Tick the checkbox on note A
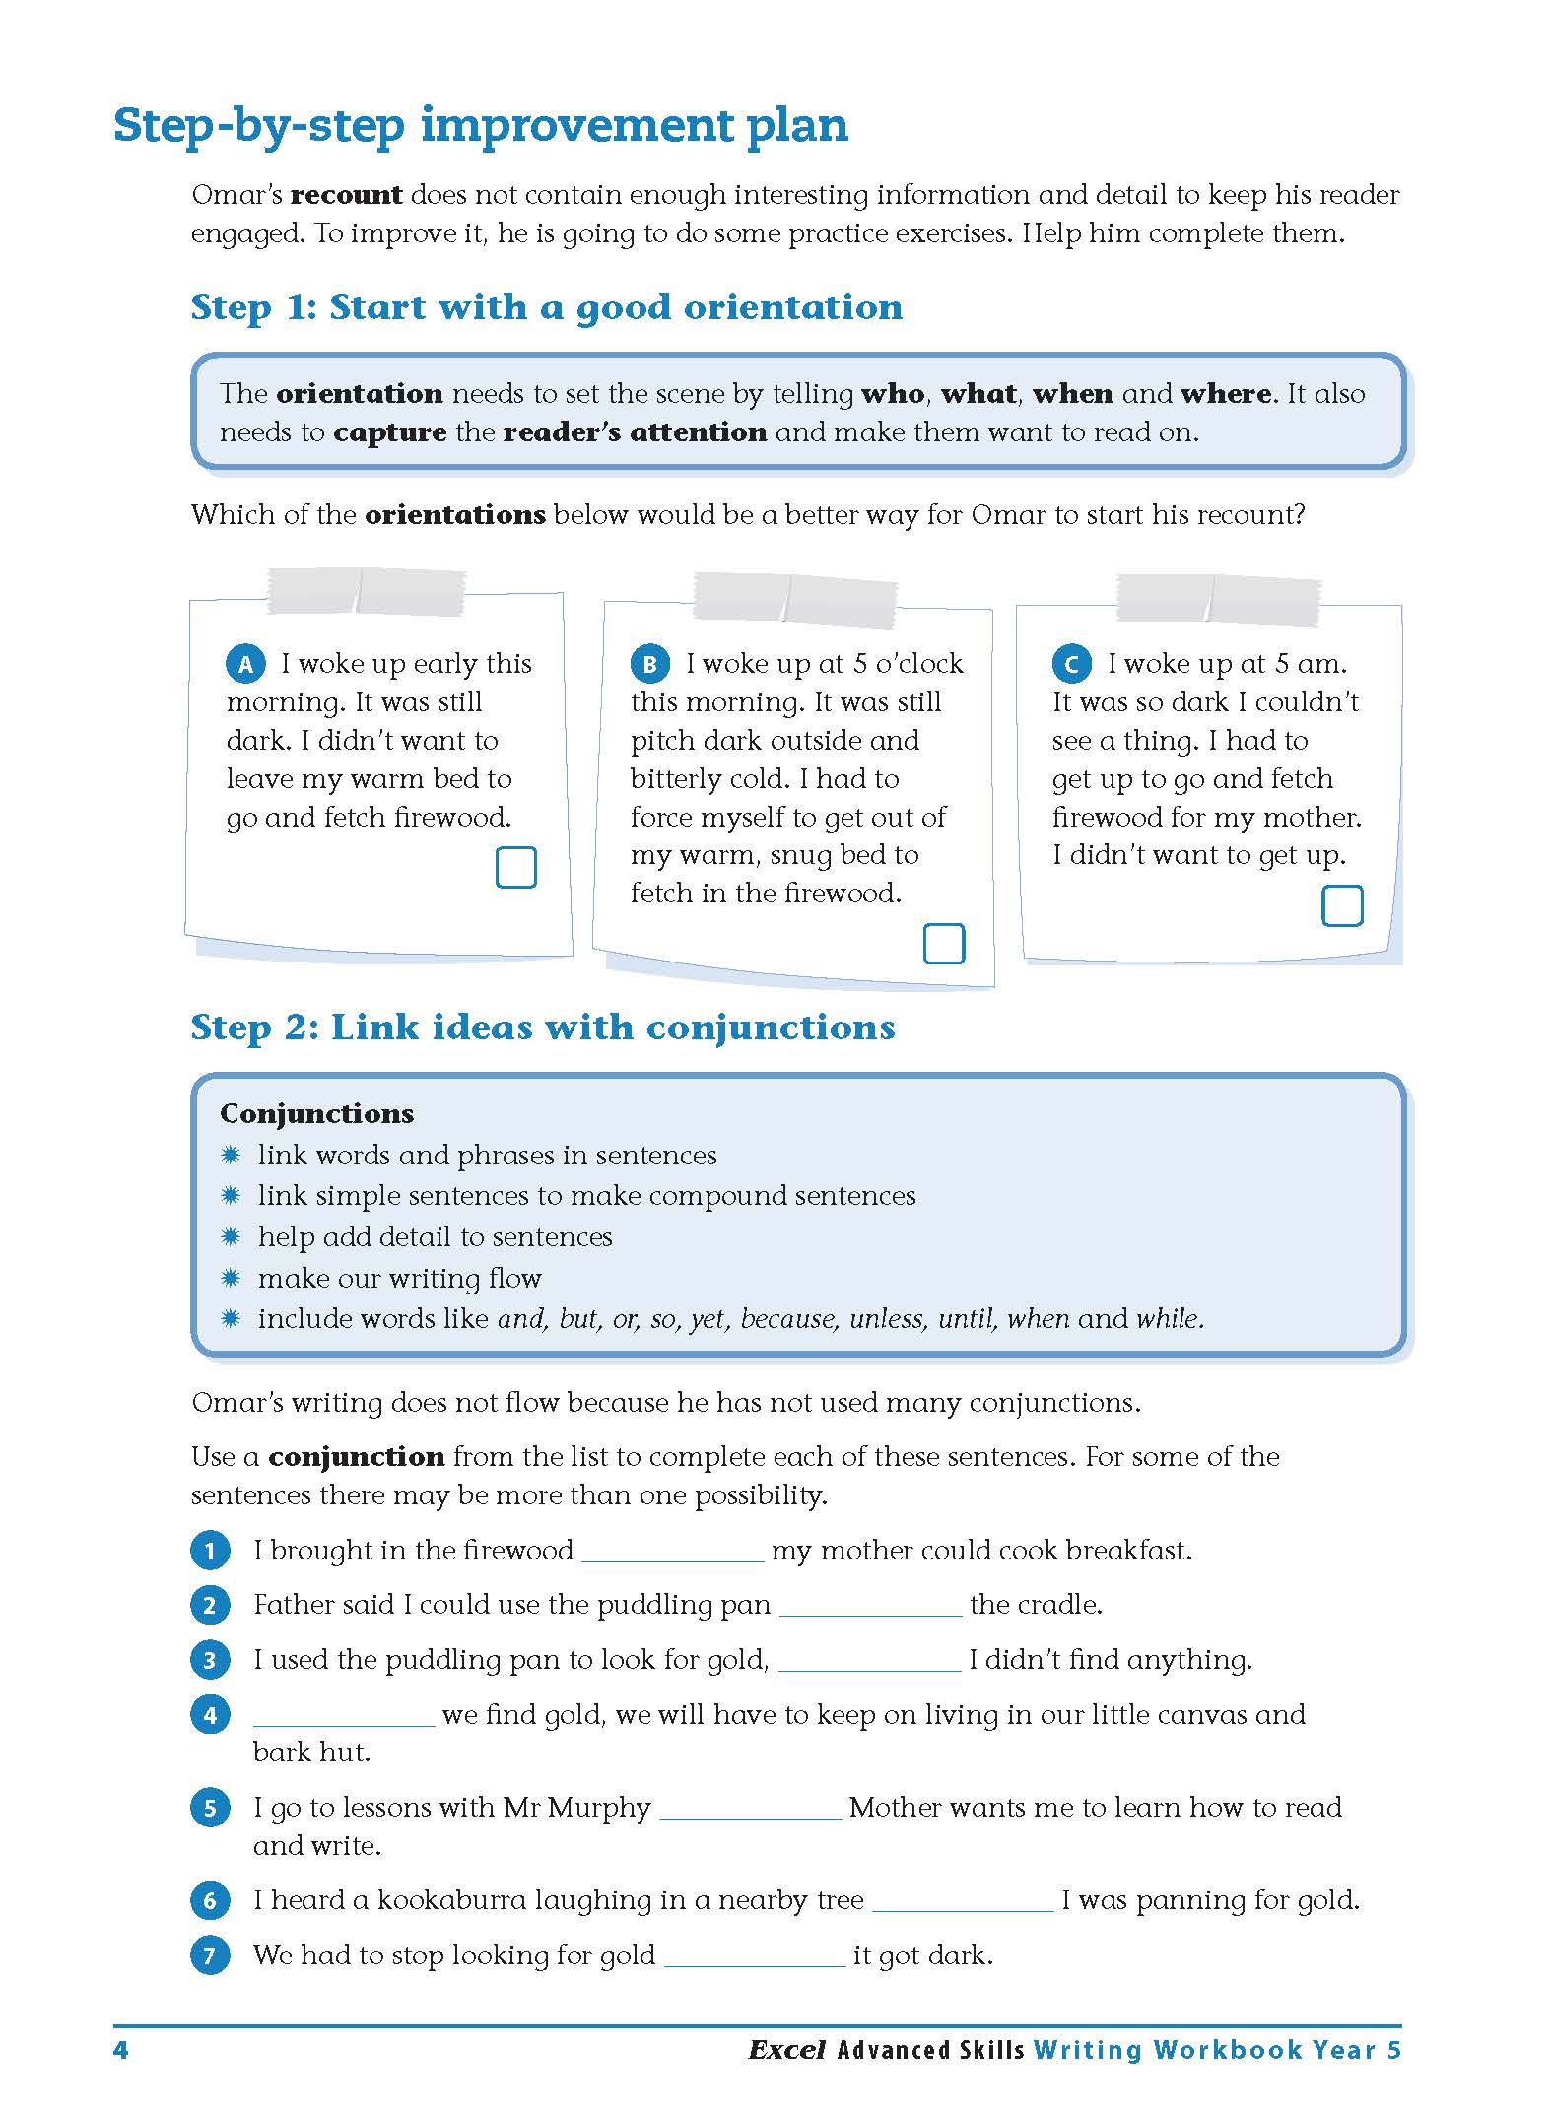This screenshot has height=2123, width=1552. click(515, 868)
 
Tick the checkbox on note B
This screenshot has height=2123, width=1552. click(943, 944)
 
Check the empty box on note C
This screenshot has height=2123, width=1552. click(1341, 905)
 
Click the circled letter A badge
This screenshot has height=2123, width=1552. click(245, 665)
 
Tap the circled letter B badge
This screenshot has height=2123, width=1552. click(649, 665)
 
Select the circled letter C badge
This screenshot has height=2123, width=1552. click(1071, 665)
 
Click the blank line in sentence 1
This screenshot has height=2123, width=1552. click(672, 1553)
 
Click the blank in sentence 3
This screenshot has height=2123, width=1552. click(869, 1662)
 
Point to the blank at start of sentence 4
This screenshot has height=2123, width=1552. click(343, 1717)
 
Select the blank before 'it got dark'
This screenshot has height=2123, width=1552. click(755, 1957)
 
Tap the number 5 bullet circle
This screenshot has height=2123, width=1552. click(210, 1809)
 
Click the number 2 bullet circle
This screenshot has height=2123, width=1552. click(210, 1606)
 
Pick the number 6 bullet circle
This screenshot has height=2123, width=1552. click(210, 1901)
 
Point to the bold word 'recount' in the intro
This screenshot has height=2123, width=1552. click(346, 195)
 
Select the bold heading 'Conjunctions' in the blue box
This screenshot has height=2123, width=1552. click(316, 1113)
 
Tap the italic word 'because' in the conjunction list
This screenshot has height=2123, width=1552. click(785, 1319)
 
